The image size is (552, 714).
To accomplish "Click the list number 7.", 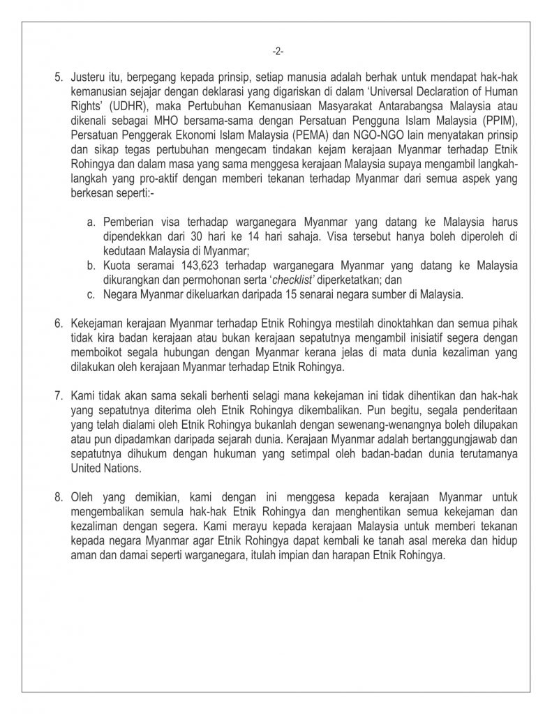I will tap(59, 397).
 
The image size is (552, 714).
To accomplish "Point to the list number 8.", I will tap(59, 497).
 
